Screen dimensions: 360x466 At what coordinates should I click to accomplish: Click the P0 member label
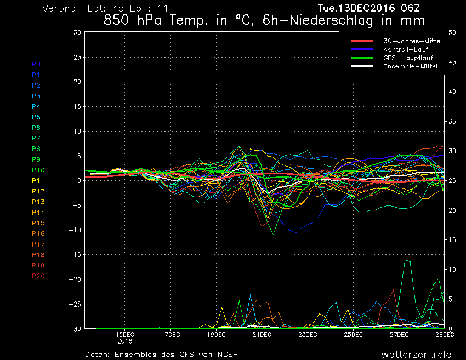point(36,64)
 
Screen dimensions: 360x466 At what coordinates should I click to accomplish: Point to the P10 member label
point(38,170)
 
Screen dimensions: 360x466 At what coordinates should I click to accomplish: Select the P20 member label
point(38,276)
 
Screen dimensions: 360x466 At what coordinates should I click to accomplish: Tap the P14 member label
point(38,212)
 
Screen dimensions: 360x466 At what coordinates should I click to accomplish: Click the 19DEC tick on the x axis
point(216,334)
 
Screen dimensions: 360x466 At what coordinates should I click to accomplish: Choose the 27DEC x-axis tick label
point(399,334)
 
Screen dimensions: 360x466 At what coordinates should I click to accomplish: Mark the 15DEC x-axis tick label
point(125,334)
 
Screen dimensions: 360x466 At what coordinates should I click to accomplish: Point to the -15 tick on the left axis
point(76,255)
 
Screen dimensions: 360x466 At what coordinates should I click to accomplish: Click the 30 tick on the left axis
point(78,32)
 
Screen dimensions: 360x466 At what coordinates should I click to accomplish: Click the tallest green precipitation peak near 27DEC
point(406,259)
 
